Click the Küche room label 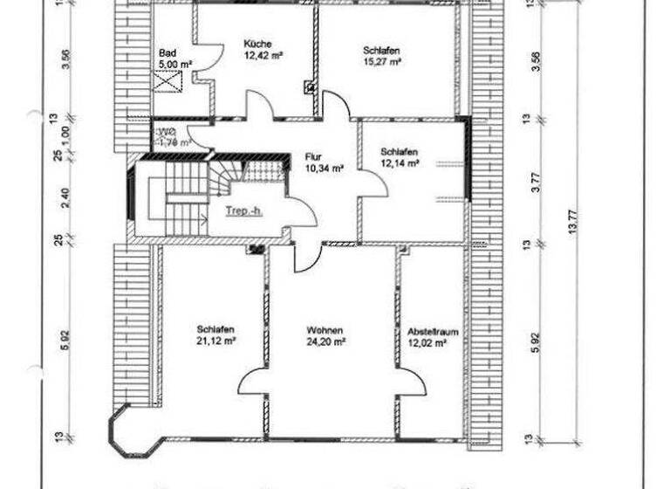(x=257, y=43)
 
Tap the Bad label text (x=167, y=53)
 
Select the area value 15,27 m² (x=381, y=62)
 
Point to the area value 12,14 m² (x=400, y=163)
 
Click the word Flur (x=313, y=157)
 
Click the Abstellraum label (x=434, y=333)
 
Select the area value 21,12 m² (x=215, y=341)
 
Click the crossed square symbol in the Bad (x=167, y=80)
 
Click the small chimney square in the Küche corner (x=309, y=86)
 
